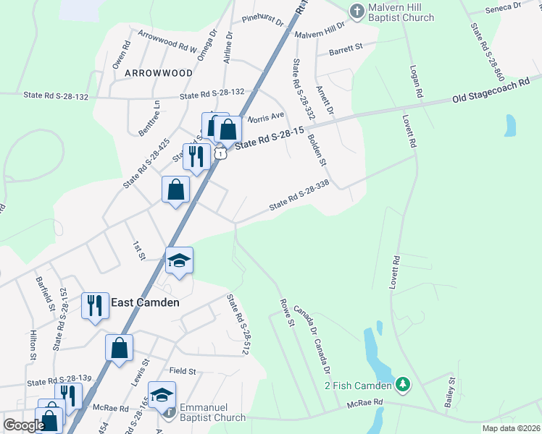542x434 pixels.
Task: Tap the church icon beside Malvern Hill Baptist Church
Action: (x=356, y=11)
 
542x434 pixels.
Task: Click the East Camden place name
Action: (x=145, y=302)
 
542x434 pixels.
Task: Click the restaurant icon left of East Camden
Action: (x=95, y=305)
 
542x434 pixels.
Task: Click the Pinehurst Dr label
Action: (x=263, y=20)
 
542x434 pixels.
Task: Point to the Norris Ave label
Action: (x=266, y=116)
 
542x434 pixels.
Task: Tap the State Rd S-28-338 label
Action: (x=299, y=195)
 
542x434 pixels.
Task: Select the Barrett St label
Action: (x=346, y=49)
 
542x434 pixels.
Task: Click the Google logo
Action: (x=23, y=425)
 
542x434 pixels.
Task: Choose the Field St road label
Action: (x=183, y=371)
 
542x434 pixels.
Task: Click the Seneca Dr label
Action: (x=503, y=7)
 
